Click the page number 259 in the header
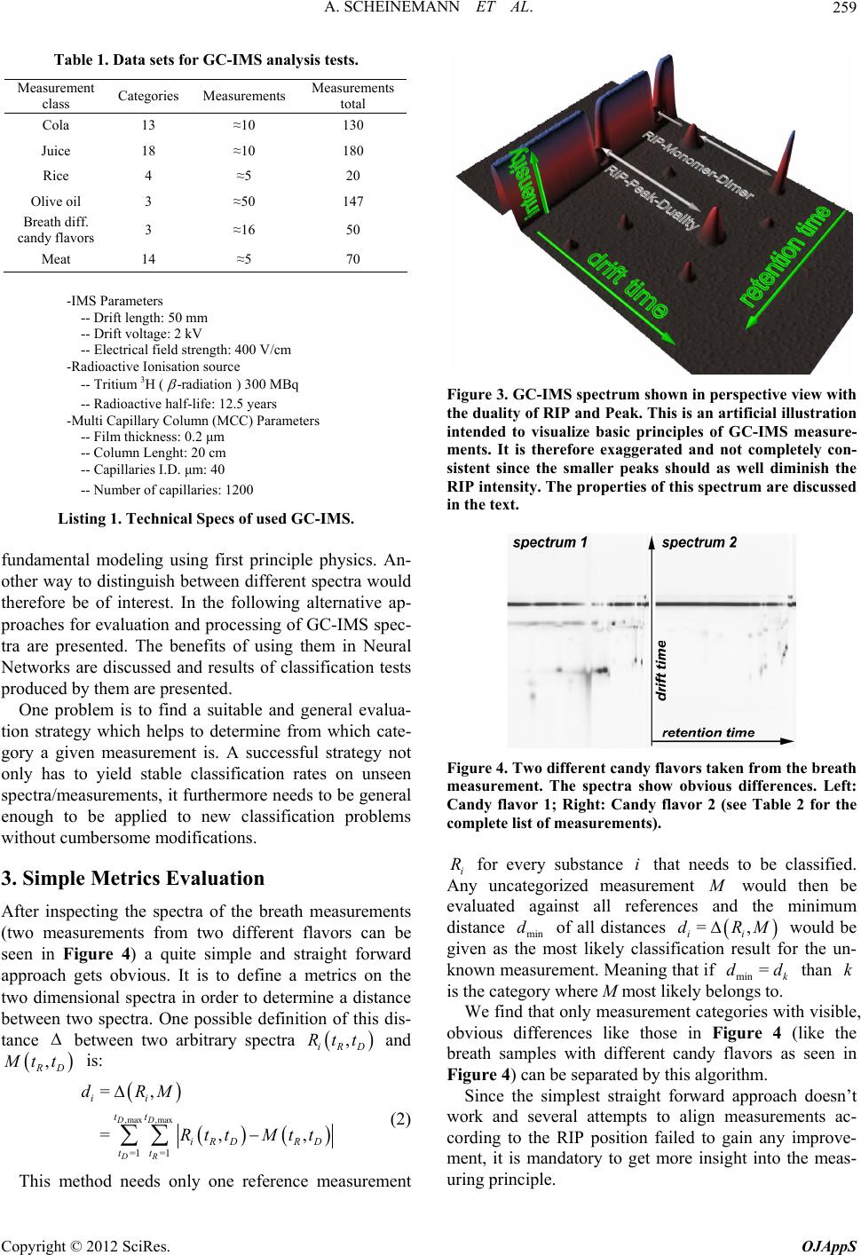tap(841, 10)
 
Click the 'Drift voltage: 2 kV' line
tap(142, 334)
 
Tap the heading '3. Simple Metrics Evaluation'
tap(133, 879)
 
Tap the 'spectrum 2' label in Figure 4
tap(699, 543)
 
